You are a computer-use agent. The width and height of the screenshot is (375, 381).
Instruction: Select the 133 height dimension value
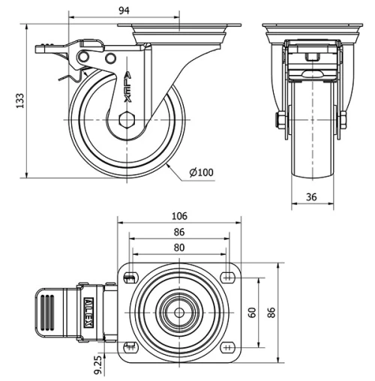tap(20, 100)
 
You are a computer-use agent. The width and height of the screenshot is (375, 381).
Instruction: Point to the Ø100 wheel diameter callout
tap(202, 172)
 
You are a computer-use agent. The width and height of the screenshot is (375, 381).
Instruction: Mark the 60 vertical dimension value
tap(253, 311)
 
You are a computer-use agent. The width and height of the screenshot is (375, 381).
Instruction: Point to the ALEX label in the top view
tap(89, 310)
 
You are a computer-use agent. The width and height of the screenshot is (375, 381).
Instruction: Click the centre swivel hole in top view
tap(180, 311)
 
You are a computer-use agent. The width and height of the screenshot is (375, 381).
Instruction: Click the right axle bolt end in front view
tap(343, 121)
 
